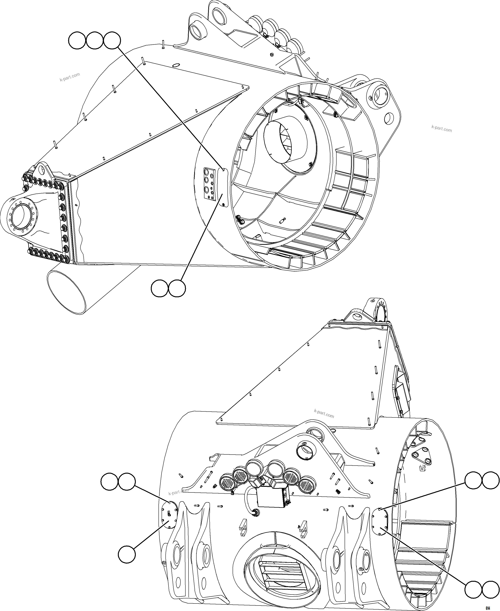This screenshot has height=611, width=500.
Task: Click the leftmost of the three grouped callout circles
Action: click(x=77, y=41)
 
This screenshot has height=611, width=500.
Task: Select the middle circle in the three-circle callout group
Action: click(x=94, y=41)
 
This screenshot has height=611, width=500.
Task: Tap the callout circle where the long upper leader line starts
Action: click(x=112, y=41)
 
